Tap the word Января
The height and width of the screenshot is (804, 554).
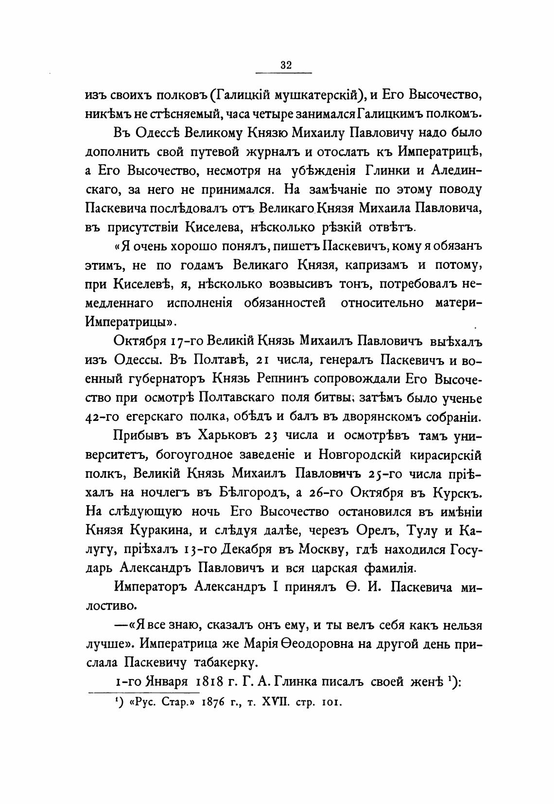pyautogui.click(x=163, y=682)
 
